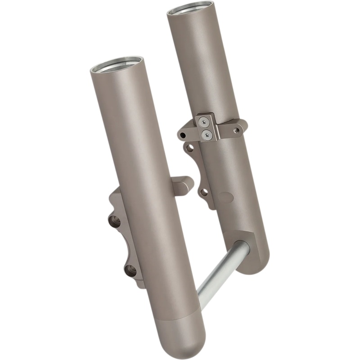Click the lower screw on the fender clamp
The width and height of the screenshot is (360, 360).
pos(207,133)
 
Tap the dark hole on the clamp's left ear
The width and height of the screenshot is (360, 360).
pos(183,135)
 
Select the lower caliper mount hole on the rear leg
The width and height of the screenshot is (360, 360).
pos(203,192)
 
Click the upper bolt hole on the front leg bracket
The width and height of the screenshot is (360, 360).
pos(114,220)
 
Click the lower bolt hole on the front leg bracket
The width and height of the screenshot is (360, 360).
pos(130,270)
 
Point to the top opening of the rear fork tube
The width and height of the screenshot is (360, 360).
pos(190,8)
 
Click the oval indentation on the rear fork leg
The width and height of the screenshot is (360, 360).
pos(225,197)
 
